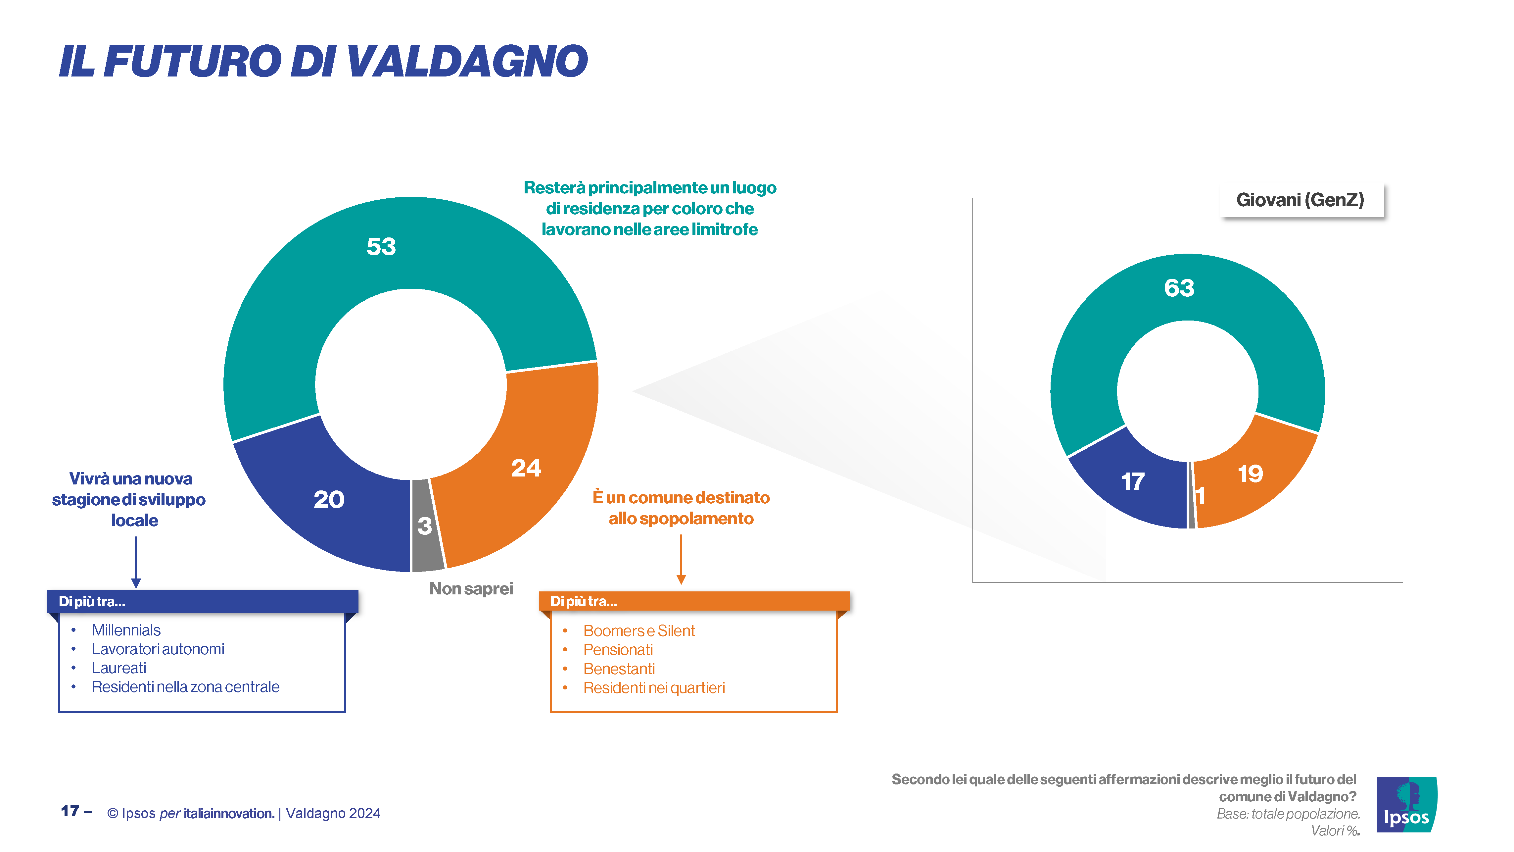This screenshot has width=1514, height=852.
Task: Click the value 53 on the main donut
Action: pos(381,246)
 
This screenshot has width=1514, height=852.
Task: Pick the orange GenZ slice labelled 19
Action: pos(1252,476)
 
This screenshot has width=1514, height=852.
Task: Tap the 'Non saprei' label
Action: pos(471,588)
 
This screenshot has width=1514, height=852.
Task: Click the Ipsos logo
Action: pos(1406,804)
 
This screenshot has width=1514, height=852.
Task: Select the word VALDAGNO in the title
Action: pos(467,61)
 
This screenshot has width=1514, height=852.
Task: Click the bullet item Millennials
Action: pos(126,630)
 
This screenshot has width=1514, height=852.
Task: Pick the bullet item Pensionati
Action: pos(618,650)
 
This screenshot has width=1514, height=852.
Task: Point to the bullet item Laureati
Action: pos(119,668)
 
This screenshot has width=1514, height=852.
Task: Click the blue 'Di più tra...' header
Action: pos(203,602)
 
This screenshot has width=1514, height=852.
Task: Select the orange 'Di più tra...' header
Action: pos(694,601)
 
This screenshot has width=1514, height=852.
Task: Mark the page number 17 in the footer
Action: pos(70,811)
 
